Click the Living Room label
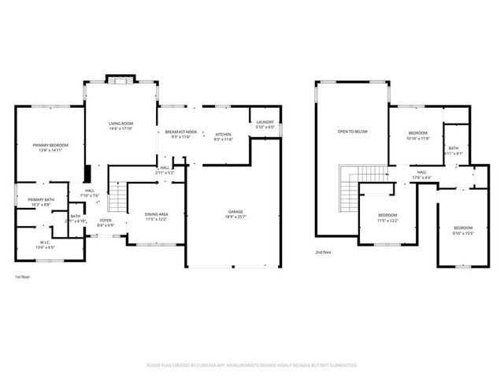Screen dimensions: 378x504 120,124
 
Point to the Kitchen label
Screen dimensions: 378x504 224,134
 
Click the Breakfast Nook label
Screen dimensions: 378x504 180,132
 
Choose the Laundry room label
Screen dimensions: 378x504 265,121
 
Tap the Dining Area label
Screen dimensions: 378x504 154,214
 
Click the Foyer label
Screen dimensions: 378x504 105,220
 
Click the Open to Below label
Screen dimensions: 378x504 353,131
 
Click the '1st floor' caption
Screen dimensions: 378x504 23,277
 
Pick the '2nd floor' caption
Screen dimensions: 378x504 323,252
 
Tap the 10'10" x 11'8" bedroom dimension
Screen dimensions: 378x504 418,138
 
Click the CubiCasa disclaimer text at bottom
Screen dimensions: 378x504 252,365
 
